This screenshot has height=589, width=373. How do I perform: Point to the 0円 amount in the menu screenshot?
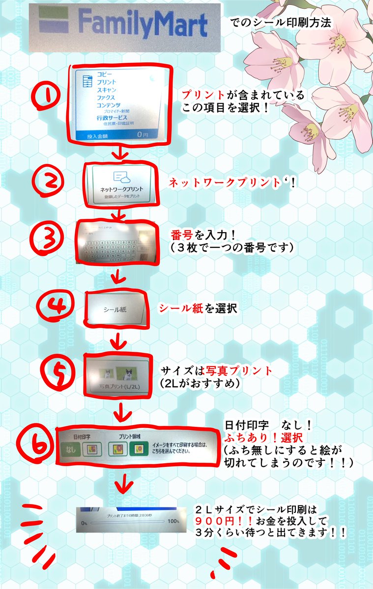142,134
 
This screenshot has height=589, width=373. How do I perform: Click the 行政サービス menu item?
112,118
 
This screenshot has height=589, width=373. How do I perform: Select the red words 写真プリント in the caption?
244,371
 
